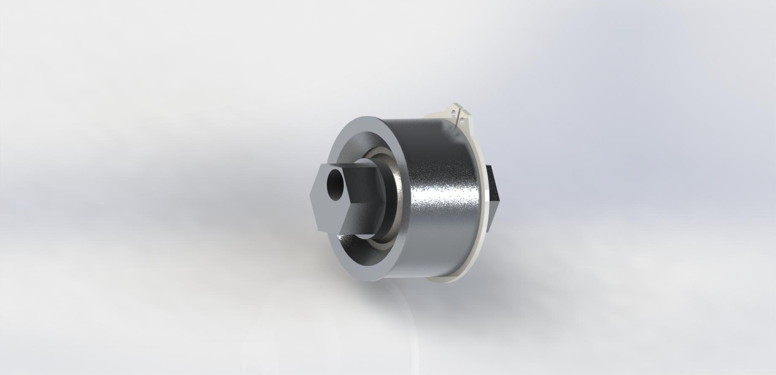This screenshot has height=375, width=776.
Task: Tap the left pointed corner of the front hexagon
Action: (x=310, y=195)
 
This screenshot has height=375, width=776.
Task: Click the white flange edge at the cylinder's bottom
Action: (x=443, y=279)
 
